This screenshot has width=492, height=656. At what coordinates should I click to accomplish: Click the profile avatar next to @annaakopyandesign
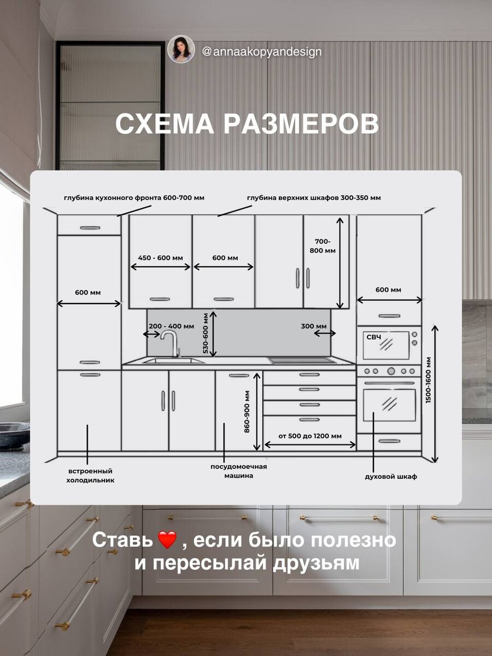[x=181, y=49]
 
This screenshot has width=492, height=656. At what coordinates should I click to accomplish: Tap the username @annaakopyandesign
[x=261, y=52]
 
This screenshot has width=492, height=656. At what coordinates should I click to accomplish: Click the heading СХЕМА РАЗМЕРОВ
[x=247, y=124]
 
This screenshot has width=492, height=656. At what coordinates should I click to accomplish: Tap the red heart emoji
[x=167, y=541]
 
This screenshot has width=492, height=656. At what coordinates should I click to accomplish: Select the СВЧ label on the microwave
[x=373, y=338]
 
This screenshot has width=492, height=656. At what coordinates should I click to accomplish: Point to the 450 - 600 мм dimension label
[x=161, y=257]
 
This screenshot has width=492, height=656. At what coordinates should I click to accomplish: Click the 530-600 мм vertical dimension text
[x=206, y=333]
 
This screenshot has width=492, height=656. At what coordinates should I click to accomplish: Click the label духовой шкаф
[x=391, y=476]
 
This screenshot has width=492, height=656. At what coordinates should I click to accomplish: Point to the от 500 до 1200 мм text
[x=310, y=436]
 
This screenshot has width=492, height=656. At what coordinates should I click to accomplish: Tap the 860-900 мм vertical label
[x=247, y=412]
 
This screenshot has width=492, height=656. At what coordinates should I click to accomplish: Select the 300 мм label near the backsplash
[x=314, y=326]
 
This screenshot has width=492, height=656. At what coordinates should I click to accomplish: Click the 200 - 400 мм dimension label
[x=171, y=326]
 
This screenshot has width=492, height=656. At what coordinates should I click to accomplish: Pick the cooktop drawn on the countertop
[x=301, y=360]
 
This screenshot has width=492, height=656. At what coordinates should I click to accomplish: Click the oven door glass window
[x=389, y=405]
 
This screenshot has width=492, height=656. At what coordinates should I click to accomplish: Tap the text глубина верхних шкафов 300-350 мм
[x=314, y=197]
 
